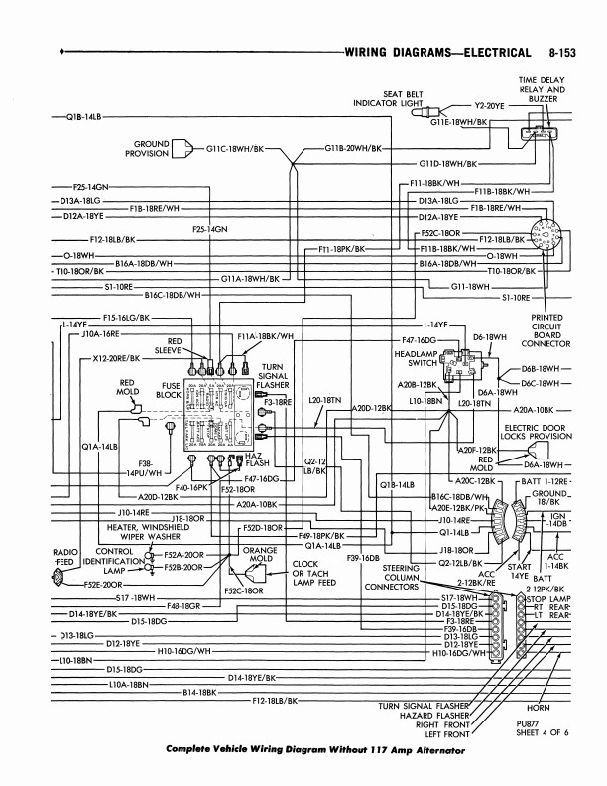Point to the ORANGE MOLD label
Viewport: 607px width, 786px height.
(x=260, y=554)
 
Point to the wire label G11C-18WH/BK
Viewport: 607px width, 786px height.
(x=235, y=149)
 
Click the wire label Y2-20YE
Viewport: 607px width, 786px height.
(x=490, y=104)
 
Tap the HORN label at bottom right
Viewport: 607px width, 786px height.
(x=540, y=709)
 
